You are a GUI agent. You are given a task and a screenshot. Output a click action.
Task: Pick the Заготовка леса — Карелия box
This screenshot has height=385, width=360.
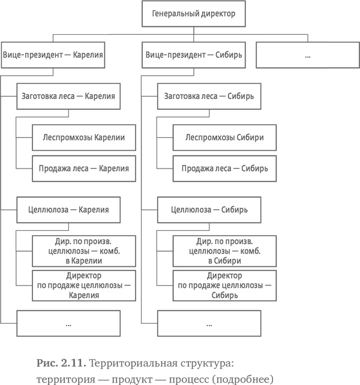pos(68,95)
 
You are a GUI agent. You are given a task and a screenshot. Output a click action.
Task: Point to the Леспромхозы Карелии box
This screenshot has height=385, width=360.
pos(83,137)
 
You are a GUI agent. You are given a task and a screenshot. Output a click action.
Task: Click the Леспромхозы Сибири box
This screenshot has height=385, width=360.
pos(225,137)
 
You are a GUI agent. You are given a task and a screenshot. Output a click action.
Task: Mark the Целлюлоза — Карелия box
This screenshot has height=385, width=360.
pos(68,210)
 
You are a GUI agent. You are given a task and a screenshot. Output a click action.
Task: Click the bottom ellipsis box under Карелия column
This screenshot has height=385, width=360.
pos(68,324)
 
